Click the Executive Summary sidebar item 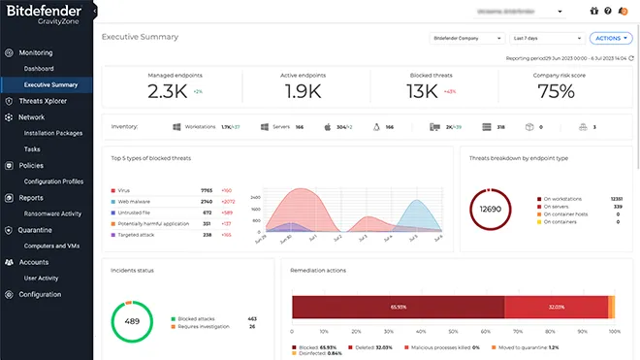51,84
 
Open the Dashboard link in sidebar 39,69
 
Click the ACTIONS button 611,38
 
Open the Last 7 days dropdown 546,38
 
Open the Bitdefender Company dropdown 466,38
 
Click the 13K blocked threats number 422,92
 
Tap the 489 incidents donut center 132,321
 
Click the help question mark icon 607,12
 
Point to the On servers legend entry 558,207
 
